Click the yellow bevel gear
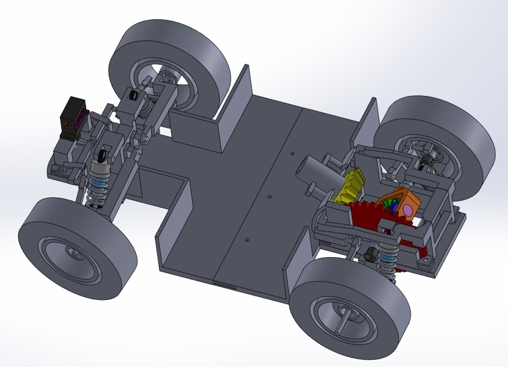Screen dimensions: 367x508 pos(350,187)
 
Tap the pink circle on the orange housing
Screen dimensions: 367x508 pos(407,209)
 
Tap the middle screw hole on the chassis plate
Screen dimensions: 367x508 pos(269,197)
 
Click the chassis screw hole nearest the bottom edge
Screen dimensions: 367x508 pos(246,240)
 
